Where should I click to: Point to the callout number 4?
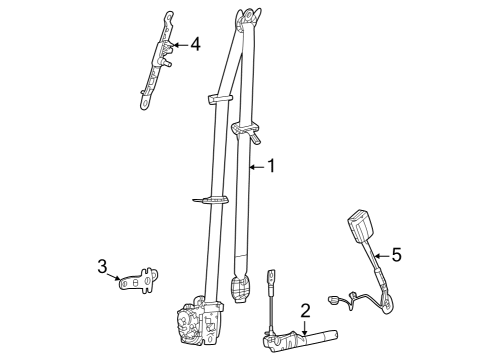(195, 44)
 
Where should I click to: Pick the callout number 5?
(396, 255)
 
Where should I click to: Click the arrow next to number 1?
(254, 167)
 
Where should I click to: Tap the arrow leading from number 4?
(177, 45)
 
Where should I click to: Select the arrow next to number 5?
(381, 256)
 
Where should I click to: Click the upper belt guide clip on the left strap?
(222, 98)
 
